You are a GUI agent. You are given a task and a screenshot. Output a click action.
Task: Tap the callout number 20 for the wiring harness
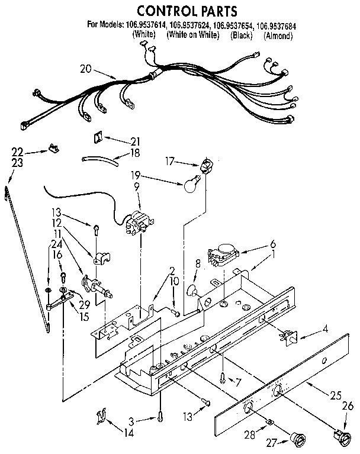point(86,69)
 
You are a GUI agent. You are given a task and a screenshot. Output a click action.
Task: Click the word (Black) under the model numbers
point(241,36)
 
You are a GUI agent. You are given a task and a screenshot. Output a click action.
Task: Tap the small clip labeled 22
point(54,149)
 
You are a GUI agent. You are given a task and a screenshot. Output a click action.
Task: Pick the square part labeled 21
point(97,139)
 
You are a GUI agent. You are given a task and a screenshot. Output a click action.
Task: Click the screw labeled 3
point(160,419)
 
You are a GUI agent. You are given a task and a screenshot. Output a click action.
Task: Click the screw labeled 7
point(221,375)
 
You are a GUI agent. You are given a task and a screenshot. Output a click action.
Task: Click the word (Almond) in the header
point(278,36)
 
